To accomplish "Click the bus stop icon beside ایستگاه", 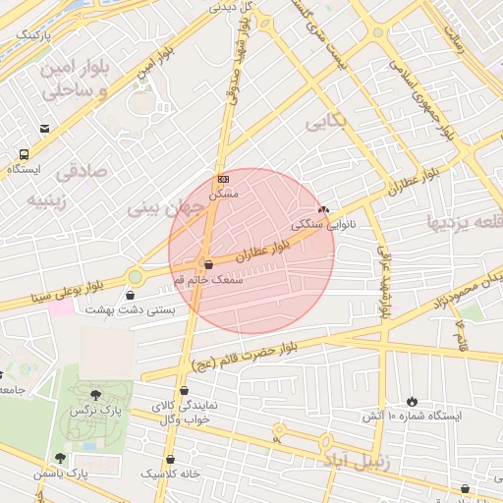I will coord(24,154).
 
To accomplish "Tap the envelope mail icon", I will coord(44,129).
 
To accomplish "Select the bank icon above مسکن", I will coord(223,179).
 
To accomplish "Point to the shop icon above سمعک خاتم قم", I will coord(207,263).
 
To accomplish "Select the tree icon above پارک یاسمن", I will coord(61,458).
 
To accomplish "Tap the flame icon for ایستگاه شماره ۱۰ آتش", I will coord(412,401).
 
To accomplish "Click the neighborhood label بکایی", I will coord(326,122).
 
